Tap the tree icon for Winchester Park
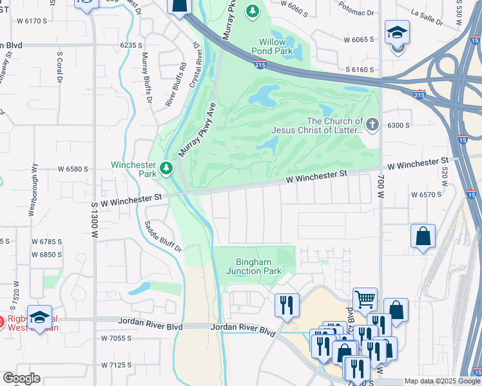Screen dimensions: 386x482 tap(167, 169)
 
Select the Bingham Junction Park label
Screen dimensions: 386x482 tap(254, 266)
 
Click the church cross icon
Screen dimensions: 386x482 tap(372, 123)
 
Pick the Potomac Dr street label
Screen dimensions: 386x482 tap(360, 13)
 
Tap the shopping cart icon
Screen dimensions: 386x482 tap(365, 299)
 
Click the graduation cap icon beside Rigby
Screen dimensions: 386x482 tap(39, 317)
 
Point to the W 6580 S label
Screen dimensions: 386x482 tap(72, 169)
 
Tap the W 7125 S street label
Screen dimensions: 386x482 tap(116, 365)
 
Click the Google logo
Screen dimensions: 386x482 tap(21, 378)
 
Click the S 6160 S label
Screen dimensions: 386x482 tap(360, 69)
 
